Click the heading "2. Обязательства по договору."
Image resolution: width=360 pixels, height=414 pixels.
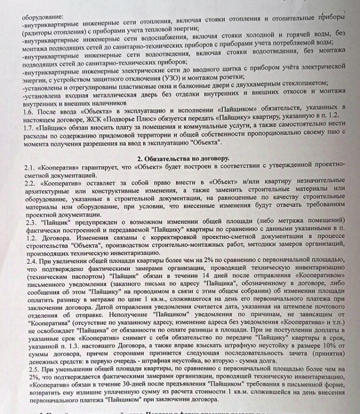pyautogui.click(x=183, y=158)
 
